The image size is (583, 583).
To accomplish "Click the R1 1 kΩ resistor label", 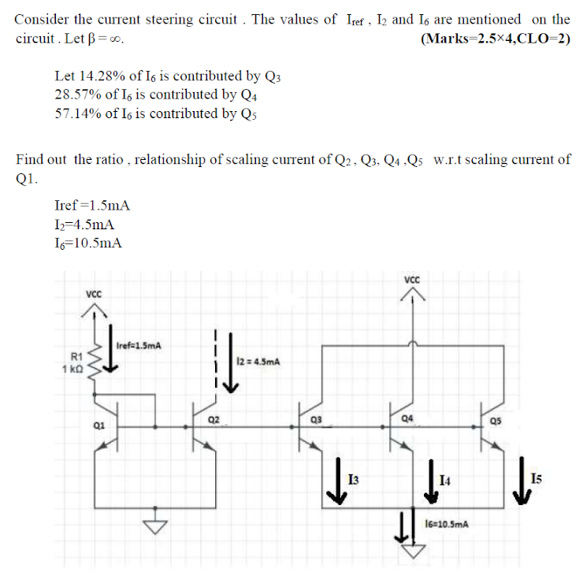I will click(x=76, y=363).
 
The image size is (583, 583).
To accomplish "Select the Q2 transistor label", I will click(x=215, y=418).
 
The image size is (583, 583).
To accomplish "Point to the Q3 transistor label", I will click(x=316, y=418).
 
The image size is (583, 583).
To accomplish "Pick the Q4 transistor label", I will click(x=407, y=418).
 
